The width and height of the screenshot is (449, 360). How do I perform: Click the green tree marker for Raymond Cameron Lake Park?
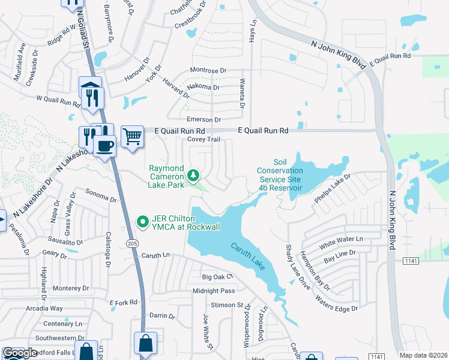click(x=193, y=175)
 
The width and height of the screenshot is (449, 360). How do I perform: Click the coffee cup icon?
click(x=104, y=146)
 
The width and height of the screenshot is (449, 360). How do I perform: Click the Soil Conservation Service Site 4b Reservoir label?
click(x=280, y=175)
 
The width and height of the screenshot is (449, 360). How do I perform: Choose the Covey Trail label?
click(x=204, y=139)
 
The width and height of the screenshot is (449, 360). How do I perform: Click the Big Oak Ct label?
click(x=217, y=277)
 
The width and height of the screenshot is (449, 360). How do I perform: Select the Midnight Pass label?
click(x=214, y=290)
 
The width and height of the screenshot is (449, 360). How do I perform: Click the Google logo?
click(x=20, y=353)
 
